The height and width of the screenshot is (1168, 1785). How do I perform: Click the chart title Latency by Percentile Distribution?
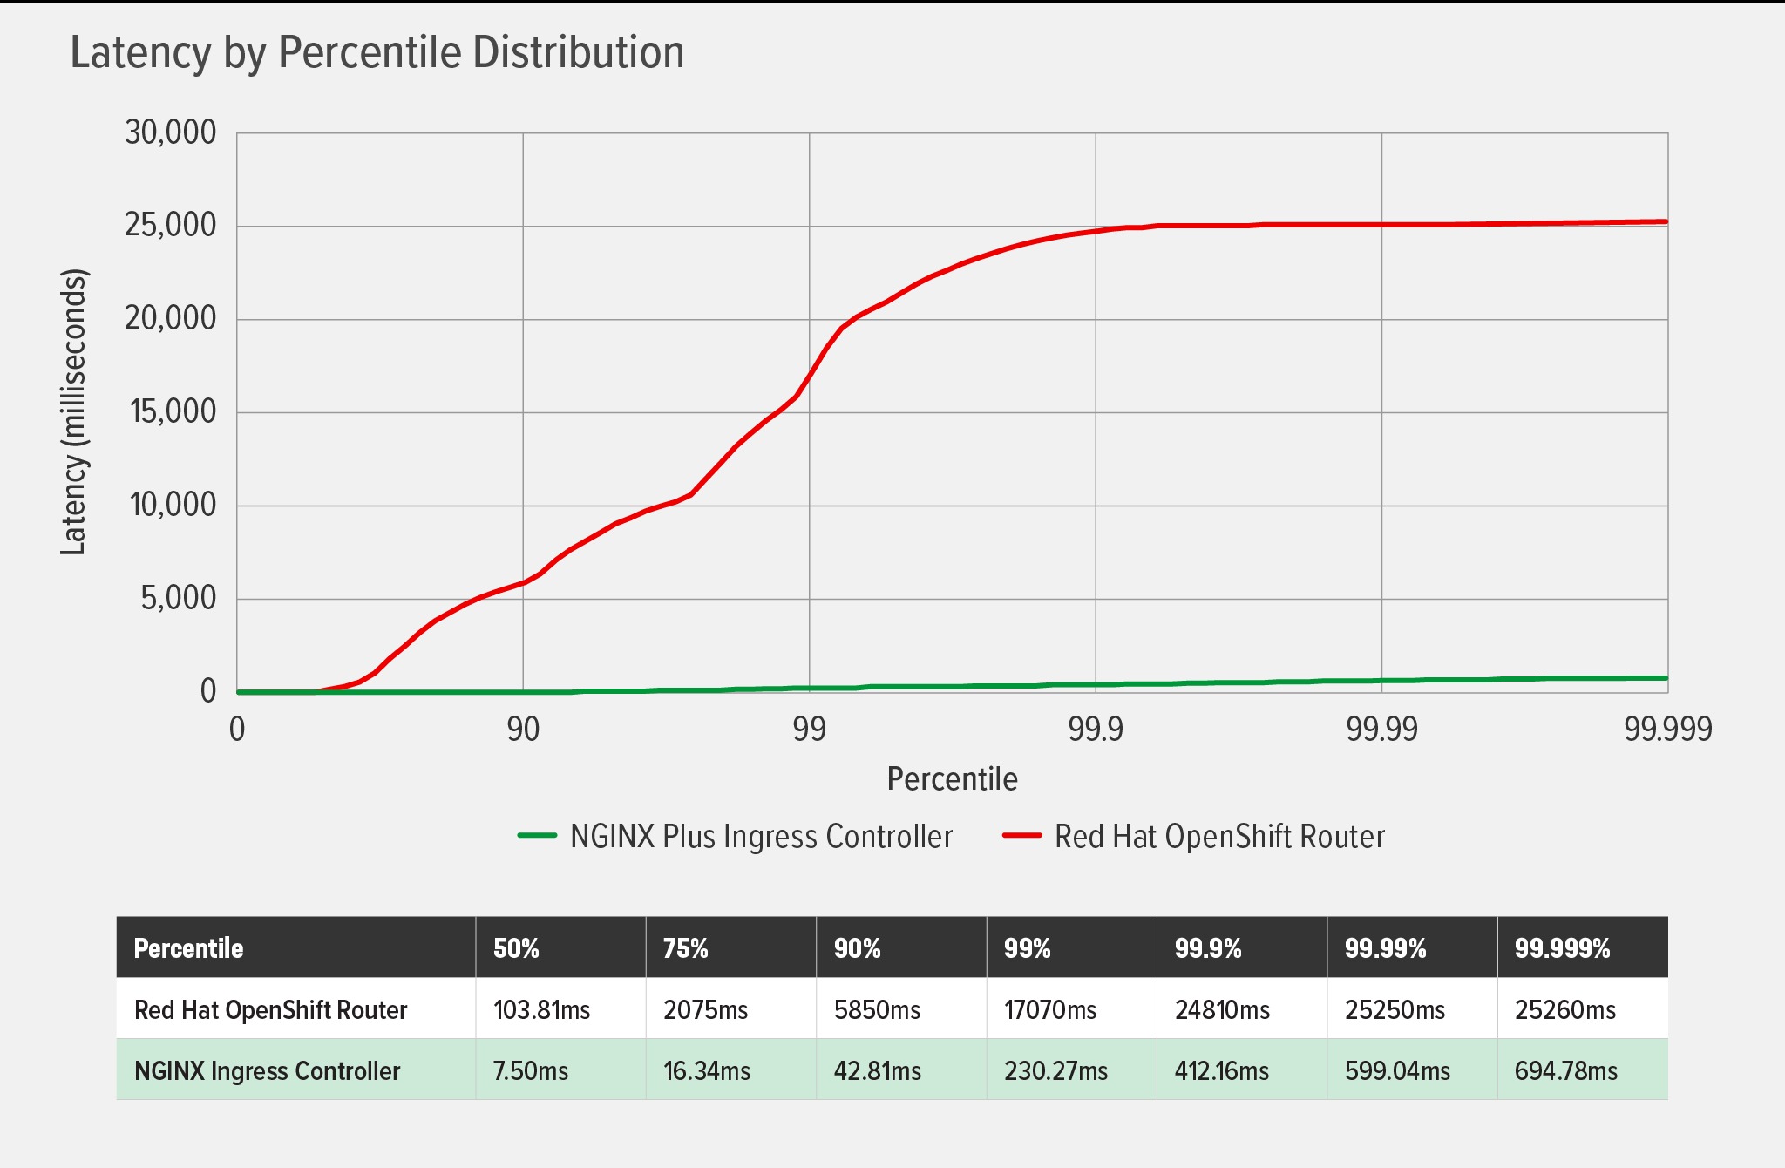pos(377,52)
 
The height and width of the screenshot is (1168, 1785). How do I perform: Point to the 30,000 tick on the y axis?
pos(171,132)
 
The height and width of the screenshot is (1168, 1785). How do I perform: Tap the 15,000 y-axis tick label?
pos(173,411)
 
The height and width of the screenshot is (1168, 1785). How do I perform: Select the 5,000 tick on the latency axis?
pos(179,598)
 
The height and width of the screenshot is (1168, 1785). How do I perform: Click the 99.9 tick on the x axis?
pos(1096,729)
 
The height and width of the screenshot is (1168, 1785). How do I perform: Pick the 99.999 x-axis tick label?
pos(1667,729)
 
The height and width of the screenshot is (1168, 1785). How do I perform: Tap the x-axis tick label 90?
pos(523,729)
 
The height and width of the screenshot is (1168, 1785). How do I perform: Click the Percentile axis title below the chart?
pos(952,778)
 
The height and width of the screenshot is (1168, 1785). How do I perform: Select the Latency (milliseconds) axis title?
pos(74,411)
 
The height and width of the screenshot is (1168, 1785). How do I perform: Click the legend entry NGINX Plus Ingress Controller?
pos(760,837)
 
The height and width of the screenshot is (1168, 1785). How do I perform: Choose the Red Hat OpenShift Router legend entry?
pos(1218,837)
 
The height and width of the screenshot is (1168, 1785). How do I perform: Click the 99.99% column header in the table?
pos(1385,948)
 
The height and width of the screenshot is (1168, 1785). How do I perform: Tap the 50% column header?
pos(516,948)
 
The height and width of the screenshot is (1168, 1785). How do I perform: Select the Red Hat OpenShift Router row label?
pos(270,1010)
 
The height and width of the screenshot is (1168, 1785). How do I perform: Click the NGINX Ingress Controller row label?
pos(267,1071)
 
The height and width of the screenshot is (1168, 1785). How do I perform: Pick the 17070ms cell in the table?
pos(1049,1010)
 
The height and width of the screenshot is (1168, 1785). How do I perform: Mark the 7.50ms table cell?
pos(530,1071)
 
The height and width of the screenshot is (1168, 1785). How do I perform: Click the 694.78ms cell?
pos(1565,1071)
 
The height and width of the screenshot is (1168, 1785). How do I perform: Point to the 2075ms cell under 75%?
pos(705,1010)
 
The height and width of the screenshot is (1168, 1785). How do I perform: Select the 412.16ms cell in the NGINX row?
pos(1221,1071)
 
